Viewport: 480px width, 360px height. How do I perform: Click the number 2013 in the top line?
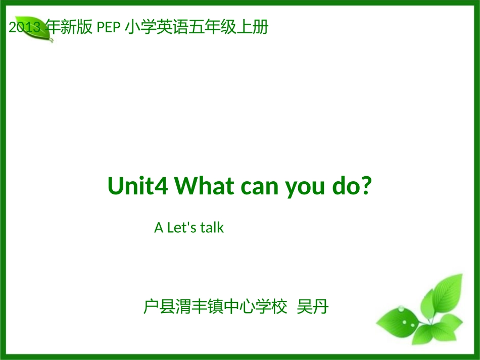25,28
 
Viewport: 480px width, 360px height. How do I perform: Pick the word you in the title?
305,187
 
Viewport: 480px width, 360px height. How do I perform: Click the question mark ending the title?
367,187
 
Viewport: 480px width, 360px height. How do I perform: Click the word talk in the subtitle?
212,228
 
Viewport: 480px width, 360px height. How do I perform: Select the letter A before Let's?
159,228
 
